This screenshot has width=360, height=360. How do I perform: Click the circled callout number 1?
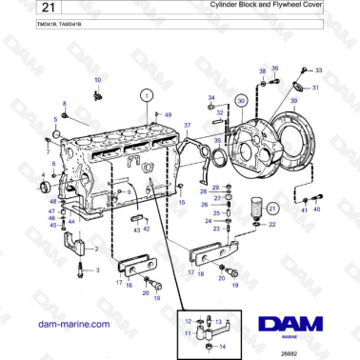(146, 94)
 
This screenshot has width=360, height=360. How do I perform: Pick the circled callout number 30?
(241, 100)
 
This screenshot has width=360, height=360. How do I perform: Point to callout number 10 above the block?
(96, 80)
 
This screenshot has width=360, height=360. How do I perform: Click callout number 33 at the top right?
(318, 70)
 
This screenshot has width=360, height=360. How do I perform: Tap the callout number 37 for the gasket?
(188, 126)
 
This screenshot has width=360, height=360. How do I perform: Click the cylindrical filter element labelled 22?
(254, 207)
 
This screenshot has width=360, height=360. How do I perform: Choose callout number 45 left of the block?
(53, 225)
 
